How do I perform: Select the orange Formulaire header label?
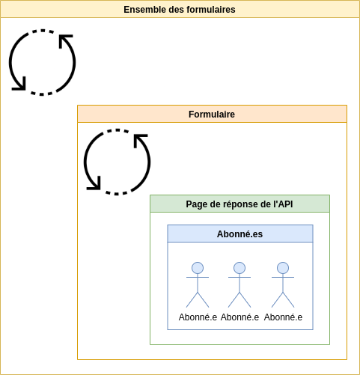pyautogui.click(x=212, y=115)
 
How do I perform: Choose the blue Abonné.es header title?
pyautogui.click(x=240, y=234)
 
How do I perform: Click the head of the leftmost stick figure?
pyautogui.click(x=198, y=268)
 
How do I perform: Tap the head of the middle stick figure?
pyautogui.click(x=240, y=268)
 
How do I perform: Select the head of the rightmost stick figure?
pyautogui.click(x=283, y=268)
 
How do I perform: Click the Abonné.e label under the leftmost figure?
pyautogui.click(x=198, y=317)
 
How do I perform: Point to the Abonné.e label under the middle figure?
pyautogui.click(x=240, y=317)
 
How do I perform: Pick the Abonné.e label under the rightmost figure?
pyautogui.click(x=283, y=317)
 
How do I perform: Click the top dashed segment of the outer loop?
pyautogui.click(x=43, y=31)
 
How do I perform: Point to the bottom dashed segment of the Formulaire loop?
pyautogui.click(x=117, y=193)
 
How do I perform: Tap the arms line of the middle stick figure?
pyautogui.click(x=240, y=277)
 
